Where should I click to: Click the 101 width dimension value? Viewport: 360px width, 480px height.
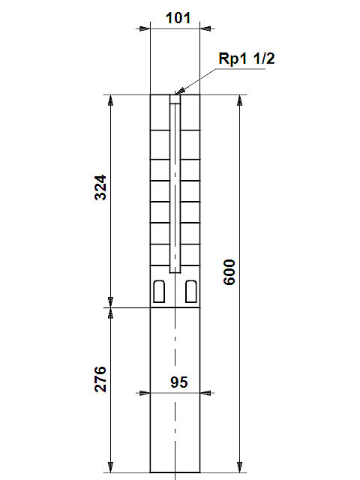pyautogui.click(x=178, y=18)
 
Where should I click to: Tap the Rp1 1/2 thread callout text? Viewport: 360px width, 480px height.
pyautogui.click(x=247, y=58)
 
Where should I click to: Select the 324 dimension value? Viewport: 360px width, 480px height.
pyautogui.click(x=100, y=187)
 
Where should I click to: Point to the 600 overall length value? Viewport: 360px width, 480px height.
pyautogui.click(x=229, y=272)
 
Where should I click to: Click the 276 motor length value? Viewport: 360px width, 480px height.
pyautogui.click(x=100, y=379)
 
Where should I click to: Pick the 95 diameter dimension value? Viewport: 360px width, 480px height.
pyautogui.click(x=179, y=382)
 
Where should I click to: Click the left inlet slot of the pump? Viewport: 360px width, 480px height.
pyautogui.click(x=159, y=292)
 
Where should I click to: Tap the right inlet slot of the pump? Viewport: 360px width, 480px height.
pyautogui.click(x=191, y=292)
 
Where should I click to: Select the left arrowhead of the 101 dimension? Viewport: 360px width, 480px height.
pyautogui.click(x=145, y=28)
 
